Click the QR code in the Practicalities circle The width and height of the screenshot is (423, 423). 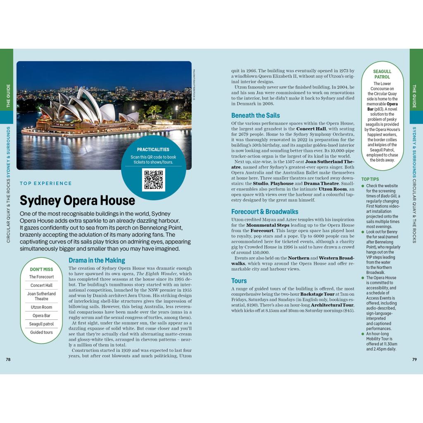point(153,179)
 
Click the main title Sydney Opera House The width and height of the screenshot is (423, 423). point(77,200)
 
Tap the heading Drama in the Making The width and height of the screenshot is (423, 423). point(97,260)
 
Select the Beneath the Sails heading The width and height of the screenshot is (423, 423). point(255,115)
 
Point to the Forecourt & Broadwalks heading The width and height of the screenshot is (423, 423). point(264,211)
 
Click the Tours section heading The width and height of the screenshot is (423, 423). point(239,280)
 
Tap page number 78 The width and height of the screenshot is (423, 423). point(8,359)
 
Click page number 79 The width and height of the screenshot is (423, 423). point(414,359)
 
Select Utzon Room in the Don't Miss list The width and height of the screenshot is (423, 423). point(41,307)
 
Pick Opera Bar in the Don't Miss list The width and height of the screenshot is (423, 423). point(41,316)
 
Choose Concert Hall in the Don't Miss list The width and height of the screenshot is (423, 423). point(41,285)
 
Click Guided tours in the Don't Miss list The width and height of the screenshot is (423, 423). point(41,332)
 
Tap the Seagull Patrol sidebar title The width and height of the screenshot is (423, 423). point(382,74)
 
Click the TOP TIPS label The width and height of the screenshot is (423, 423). point(370,179)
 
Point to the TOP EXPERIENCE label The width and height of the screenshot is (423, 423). point(45,183)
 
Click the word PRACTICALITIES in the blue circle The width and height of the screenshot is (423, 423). point(153,150)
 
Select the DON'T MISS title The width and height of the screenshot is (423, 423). point(41,269)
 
